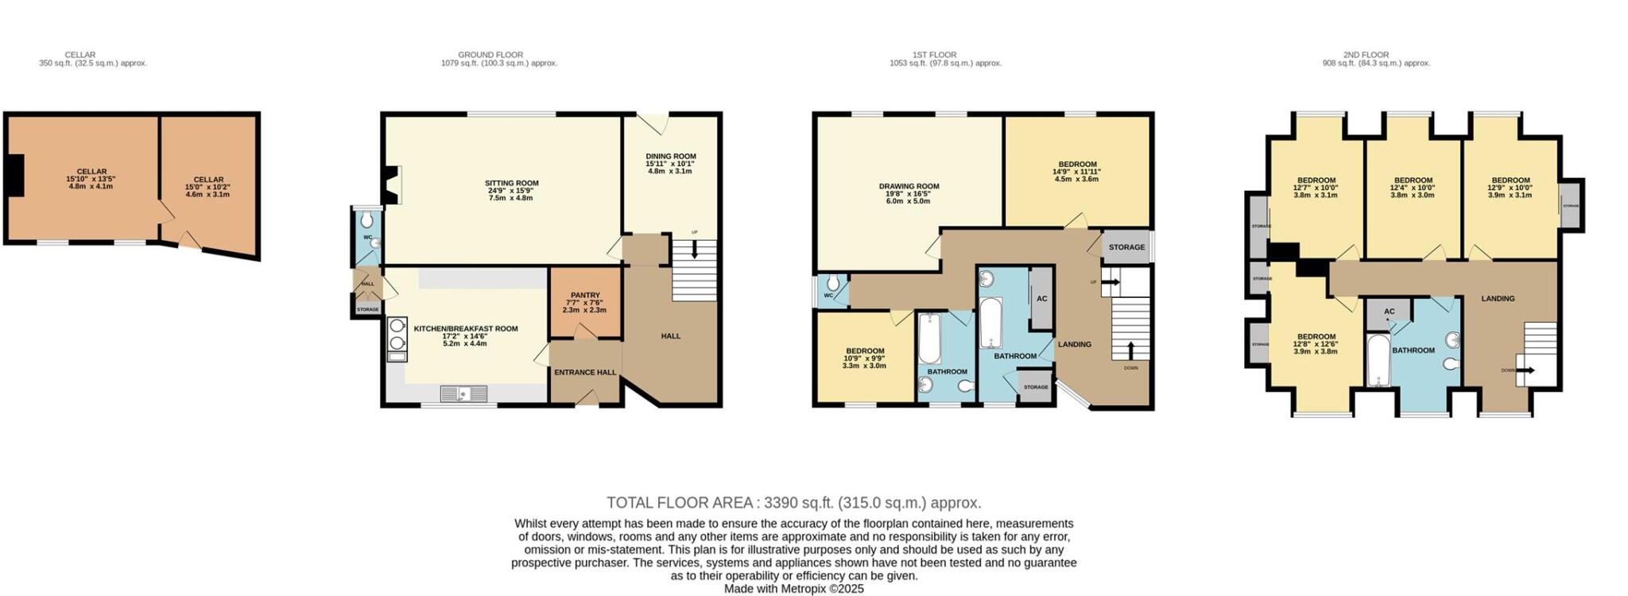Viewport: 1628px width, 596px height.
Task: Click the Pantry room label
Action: point(585,295)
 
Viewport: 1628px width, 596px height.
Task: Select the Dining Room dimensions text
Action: point(670,167)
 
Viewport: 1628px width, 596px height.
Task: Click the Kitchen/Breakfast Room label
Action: point(465,328)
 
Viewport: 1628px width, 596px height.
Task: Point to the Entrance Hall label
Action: point(585,372)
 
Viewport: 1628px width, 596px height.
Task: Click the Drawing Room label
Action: point(909,186)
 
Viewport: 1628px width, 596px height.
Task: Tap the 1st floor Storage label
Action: point(1126,247)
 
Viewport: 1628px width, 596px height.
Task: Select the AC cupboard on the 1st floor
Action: point(1041,299)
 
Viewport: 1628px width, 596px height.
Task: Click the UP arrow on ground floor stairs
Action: point(695,249)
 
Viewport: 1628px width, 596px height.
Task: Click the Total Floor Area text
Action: point(793,502)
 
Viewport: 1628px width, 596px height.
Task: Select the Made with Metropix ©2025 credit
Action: point(793,589)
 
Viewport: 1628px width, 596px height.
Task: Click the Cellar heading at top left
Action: point(80,55)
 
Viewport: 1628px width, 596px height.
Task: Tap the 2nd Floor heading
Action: point(1366,55)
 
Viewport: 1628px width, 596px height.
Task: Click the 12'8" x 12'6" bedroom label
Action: point(1316,343)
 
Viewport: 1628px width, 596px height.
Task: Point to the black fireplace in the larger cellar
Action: point(14,173)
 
